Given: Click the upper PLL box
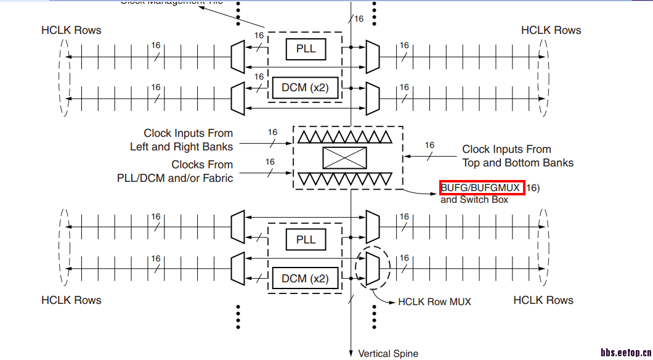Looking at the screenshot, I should (306, 49).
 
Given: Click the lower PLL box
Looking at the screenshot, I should (306, 240).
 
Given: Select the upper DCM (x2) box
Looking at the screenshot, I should (305, 87).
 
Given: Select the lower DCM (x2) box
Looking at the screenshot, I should (305, 278).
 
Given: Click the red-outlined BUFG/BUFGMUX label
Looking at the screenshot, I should (482, 187).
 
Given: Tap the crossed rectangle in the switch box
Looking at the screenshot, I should (344, 158).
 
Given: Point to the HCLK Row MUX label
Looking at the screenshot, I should (434, 302).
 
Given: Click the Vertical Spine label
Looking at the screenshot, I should (388, 354).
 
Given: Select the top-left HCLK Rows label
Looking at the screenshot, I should (71, 30).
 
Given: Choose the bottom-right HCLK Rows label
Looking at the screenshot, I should (543, 300).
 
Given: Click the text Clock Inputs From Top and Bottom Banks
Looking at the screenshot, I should (517, 156).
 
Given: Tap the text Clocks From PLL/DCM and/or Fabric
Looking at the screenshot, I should (175, 171).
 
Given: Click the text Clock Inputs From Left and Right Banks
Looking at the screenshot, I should (181, 140).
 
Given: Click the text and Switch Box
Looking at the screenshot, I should (474, 200).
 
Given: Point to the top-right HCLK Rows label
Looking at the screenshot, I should (551, 30).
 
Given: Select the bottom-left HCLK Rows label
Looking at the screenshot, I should (71, 300).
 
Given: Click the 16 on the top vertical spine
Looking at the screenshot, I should (359, 18).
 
